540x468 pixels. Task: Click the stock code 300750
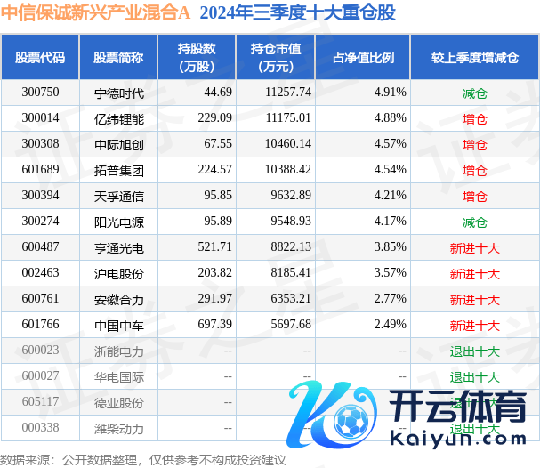click(40, 92)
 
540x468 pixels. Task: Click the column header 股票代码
click(40, 58)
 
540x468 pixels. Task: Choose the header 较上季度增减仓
click(474, 58)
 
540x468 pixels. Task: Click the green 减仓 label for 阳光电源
click(474, 222)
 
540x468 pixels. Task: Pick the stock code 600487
click(40, 247)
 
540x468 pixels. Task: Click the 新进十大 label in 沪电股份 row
click(474, 274)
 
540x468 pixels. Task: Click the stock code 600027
click(40, 377)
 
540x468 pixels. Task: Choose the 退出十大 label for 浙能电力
click(474, 351)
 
